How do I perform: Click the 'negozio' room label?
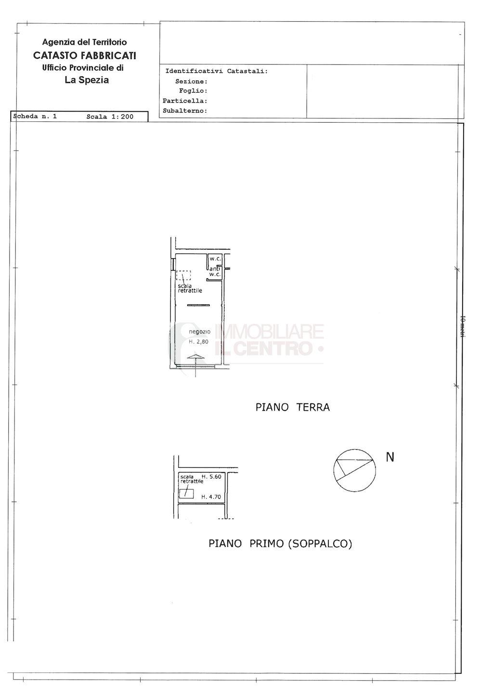(x=199, y=332)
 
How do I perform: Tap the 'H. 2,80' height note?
(x=198, y=342)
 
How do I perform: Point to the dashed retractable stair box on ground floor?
(x=183, y=275)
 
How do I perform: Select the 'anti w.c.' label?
(x=215, y=271)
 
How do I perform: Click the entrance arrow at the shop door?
(x=195, y=357)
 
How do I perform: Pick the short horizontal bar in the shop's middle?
(x=198, y=305)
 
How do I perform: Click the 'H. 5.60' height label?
(x=211, y=477)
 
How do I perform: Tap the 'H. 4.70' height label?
(x=211, y=497)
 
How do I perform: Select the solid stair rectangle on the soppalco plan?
(x=186, y=493)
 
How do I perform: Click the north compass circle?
(x=354, y=470)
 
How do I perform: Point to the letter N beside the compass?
(x=390, y=457)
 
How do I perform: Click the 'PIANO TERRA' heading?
(x=292, y=407)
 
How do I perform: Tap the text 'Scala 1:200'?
(x=110, y=116)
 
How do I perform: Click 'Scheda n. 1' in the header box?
(x=35, y=116)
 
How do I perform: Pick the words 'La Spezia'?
(x=87, y=80)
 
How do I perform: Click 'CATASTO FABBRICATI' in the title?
(x=85, y=55)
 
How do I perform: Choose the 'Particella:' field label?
(x=185, y=101)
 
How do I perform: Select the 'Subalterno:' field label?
(x=185, y=111)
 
